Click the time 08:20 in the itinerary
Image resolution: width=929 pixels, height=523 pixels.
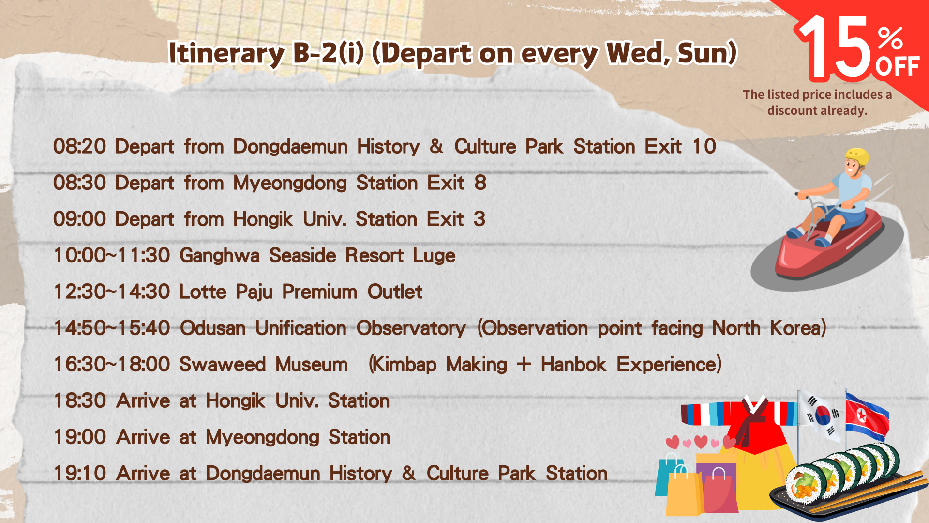point(79,146)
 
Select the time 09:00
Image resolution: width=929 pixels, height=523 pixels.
point(79,219)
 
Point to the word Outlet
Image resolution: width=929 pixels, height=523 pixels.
point(395,292)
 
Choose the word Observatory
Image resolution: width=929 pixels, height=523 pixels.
point(411,329)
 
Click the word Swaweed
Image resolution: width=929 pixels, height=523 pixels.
point(223,364)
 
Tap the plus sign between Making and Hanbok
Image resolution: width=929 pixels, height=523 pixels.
point(524,364)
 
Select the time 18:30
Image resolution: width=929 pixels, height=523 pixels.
point(79,400)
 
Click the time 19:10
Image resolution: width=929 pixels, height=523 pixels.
point(79,473)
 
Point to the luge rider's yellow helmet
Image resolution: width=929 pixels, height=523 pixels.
point(857,157)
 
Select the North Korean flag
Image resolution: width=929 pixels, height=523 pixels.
point(867,415)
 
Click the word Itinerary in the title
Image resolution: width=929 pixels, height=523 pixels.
point(226,53)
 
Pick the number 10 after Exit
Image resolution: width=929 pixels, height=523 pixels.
point(704,146)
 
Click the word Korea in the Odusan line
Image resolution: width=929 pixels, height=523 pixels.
point(798,328)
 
